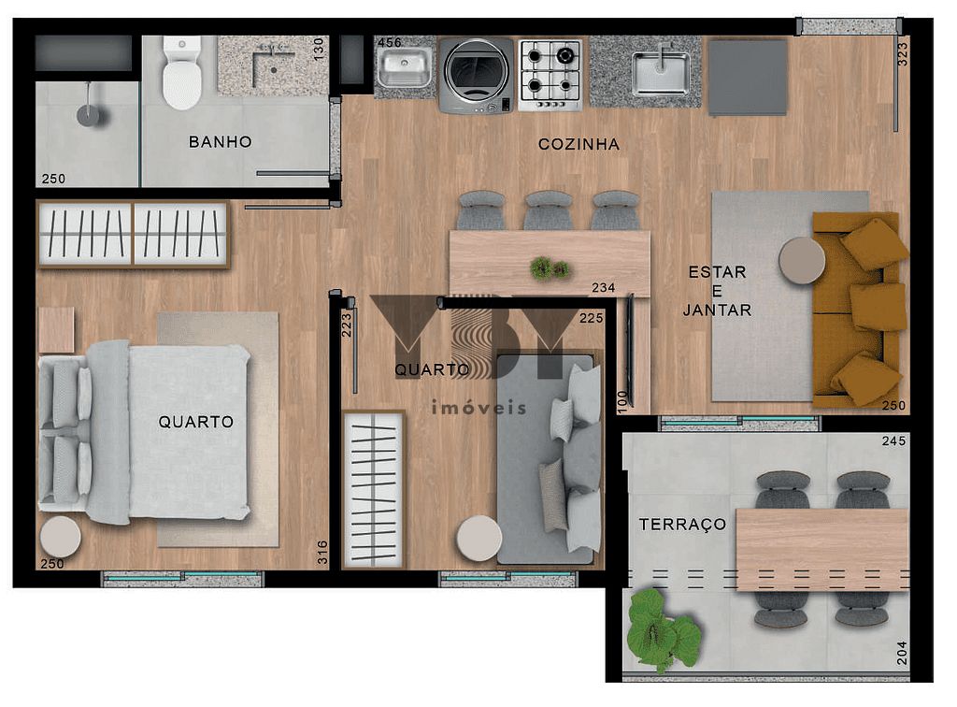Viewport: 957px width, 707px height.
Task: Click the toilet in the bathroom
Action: (181, 74)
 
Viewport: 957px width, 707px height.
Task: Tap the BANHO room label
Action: (221, 142)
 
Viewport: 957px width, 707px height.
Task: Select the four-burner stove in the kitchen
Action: (550, 75)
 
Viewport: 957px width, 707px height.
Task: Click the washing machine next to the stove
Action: (476, 75)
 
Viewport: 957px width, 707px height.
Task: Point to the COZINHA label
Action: (578, 144)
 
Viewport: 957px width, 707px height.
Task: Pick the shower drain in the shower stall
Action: (89, 115)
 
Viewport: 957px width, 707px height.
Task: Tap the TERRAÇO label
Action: (682, 525)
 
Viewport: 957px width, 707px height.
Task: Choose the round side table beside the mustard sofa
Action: (802, 260)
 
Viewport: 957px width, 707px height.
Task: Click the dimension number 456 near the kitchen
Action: (389, 42)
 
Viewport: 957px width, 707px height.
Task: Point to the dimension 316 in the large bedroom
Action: (321, 552)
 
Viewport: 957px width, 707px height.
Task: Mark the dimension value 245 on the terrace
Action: (893, 441)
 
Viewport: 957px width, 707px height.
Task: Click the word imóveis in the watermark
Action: (478, 408)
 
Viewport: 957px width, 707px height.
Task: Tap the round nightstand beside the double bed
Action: (61, 538)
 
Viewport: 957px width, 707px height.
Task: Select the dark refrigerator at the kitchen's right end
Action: (748, 77)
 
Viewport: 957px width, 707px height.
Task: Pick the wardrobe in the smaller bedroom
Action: (373, 489)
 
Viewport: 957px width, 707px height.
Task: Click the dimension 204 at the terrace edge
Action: (901, 651)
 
